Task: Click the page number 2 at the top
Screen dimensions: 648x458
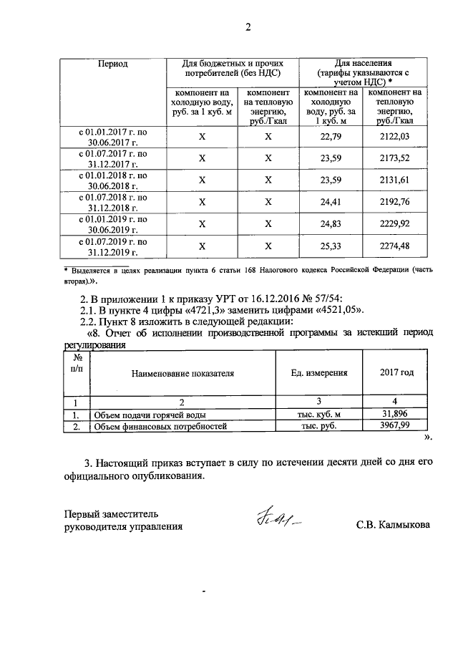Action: point(248,29)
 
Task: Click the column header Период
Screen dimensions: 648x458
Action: point(112,64)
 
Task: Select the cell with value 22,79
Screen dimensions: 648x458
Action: point(331,136)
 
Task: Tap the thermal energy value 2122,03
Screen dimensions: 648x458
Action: point(396,136)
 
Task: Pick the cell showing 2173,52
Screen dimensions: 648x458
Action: point(396,158)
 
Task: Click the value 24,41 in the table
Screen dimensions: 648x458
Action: point(331,202)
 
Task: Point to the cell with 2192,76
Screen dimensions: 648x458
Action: point(396,202)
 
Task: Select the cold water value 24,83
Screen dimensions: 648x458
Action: point(331,224)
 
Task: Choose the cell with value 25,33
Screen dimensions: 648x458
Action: point(331,246)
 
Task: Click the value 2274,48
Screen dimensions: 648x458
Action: point(396,246)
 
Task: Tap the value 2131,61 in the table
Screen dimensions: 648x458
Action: point(396,180)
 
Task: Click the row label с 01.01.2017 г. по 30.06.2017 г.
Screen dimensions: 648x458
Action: point(112,136)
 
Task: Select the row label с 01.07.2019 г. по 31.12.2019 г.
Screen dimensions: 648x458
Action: point(112,246)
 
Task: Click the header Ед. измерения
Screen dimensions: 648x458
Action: point(319,372)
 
